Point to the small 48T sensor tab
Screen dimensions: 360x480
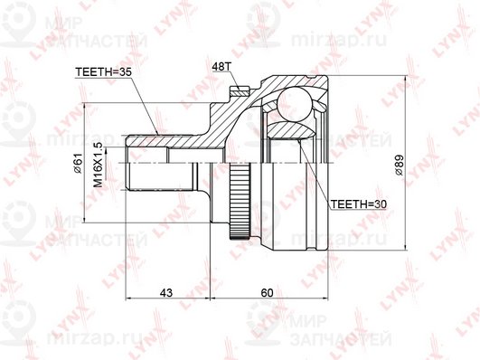point(239,90)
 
